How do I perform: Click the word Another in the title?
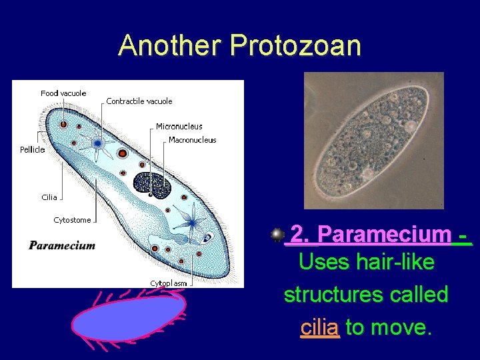[170, 45]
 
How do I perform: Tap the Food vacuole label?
[63, 93]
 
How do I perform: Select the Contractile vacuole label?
[139, 101]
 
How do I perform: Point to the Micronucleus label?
[179, 126]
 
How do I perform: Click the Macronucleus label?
[193, 140]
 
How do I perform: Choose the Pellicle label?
[33, 149]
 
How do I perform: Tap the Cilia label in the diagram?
[49, 197]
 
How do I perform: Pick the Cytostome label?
[72, 220]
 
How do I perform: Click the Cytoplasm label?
[168, 283]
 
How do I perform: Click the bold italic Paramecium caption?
[62, 245]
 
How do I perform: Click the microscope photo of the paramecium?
[373, 140]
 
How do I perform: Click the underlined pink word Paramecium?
[384, 235]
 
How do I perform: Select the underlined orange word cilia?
[320, 327]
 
